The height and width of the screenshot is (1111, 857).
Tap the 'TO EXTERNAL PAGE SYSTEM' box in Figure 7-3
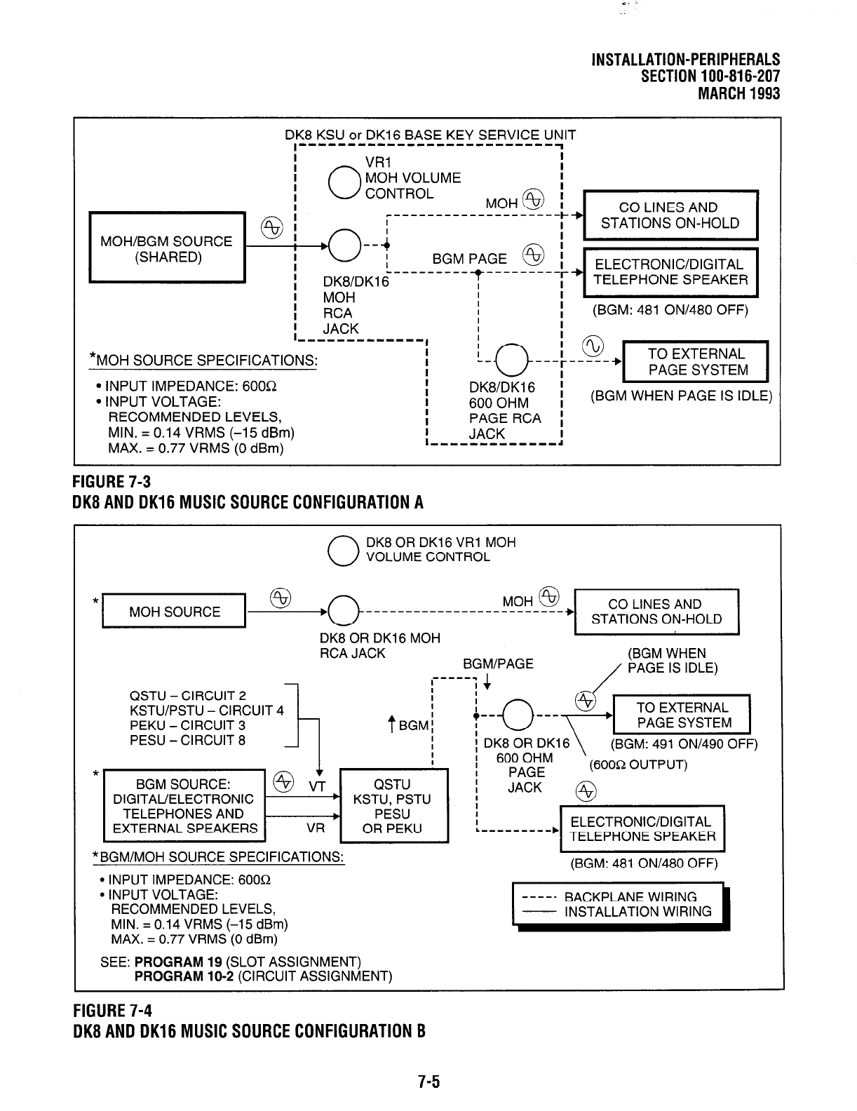point(695,362)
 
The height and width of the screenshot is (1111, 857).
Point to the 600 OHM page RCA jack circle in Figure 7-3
point(511,362)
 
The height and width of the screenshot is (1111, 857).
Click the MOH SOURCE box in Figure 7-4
point(174,612)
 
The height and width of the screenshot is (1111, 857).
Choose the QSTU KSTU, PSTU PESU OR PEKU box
point(393,806)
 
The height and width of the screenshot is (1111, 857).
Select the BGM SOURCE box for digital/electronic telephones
point(184,806)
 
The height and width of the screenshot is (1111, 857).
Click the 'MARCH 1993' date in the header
point(738,93)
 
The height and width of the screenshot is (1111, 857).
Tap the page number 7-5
point(428,1082)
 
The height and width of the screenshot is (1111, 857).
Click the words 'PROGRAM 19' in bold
point(179,961)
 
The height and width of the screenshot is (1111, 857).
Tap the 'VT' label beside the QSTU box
point(317,787)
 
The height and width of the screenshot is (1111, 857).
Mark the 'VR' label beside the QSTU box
point(316,828)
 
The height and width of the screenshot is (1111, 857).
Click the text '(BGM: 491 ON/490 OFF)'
point(684,744)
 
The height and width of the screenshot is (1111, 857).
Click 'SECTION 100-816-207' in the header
point(710,76)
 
